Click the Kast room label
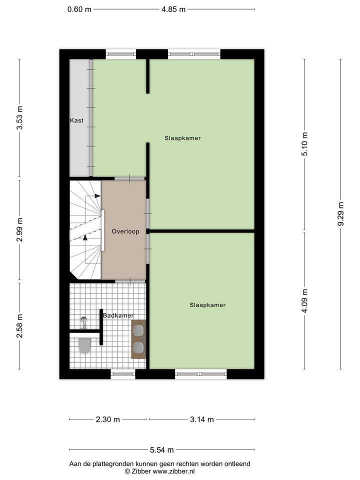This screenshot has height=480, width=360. point(76,120)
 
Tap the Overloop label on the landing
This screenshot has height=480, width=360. point(125,231)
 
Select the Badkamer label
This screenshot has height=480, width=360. point(118,315)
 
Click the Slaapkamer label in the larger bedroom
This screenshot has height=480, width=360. point(182,138)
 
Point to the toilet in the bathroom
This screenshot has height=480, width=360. point(84,345)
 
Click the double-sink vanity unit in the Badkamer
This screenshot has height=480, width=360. point(138,339)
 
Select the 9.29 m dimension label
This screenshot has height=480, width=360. point(341,214)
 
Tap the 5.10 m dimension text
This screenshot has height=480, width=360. point(304,144)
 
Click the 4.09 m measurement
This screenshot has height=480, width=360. point(304,301)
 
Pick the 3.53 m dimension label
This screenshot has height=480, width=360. point(19,118)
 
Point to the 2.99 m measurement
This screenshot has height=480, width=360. point(19,230)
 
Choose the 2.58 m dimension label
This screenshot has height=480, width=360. point(19,325)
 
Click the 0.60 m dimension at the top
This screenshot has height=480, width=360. point(79,9)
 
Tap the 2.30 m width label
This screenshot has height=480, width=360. point(107,419)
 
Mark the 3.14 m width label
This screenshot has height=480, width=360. point(201,419)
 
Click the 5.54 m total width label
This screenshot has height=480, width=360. point(161,449)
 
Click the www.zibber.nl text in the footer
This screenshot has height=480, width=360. point(173,471)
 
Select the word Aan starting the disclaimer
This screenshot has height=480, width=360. point(75,464)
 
